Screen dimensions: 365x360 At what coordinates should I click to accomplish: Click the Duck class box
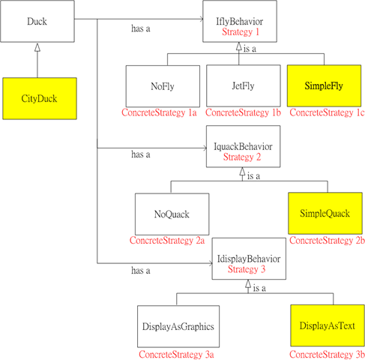point(37,21)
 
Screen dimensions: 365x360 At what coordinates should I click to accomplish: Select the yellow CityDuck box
point(40,98)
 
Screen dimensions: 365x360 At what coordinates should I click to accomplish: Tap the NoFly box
point(163,86)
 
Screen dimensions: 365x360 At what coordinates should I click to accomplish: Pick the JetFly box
point(244,85)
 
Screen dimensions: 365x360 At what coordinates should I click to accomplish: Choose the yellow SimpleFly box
point(324,85)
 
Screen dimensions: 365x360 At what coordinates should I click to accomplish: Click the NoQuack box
point(172,214)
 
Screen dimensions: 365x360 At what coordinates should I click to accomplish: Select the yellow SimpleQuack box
point(325,213)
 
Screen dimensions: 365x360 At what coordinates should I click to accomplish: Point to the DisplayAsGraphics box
point(178,326)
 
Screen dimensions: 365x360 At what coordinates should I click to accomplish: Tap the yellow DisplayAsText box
point(328,325)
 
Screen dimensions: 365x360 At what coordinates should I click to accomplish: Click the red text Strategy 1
point(241,32)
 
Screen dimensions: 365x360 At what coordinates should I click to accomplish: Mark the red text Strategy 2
point(242,157)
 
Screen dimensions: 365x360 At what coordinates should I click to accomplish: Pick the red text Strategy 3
point(247,269)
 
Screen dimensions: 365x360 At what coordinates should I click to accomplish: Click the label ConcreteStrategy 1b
point(243,112)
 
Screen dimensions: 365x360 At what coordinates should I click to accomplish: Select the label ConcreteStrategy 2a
point(167,241)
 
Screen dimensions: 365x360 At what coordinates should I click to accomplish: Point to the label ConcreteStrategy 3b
point(327,355)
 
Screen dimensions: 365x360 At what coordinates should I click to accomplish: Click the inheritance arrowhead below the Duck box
point(37,47)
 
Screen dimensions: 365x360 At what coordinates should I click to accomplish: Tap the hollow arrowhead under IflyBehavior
point(239,46)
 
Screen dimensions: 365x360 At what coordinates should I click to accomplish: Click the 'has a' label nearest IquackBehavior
point(141,154)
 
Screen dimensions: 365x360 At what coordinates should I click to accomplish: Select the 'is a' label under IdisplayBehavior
point(259,289)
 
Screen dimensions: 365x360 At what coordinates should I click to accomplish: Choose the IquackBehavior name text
point(243,147)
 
